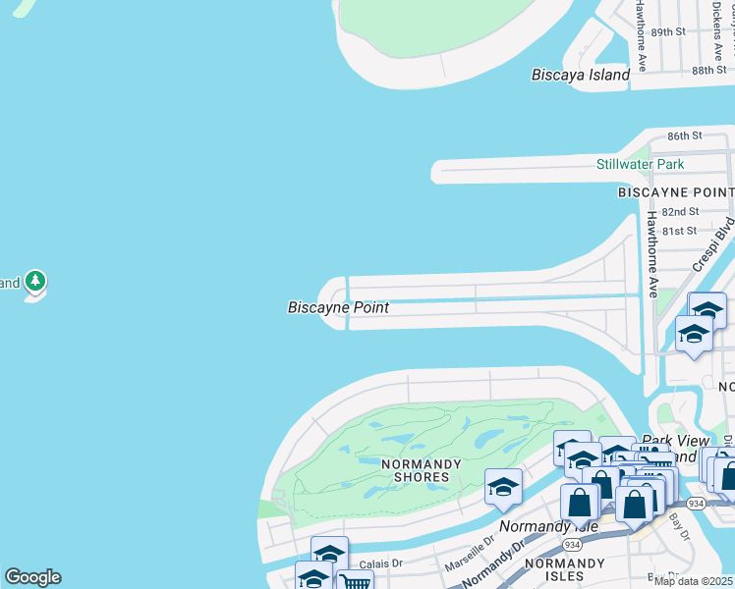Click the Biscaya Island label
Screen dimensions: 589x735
580,75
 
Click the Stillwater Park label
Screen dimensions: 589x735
640,164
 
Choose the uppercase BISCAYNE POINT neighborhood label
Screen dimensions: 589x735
675,192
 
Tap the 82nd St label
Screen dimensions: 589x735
679,211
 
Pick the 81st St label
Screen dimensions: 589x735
679,231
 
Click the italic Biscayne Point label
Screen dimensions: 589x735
338,307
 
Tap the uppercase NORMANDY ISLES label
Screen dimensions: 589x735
564,569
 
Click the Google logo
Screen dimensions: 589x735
32,576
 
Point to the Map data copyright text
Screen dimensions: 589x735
694,581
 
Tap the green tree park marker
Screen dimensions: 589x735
36,283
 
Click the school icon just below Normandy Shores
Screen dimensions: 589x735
503,487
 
